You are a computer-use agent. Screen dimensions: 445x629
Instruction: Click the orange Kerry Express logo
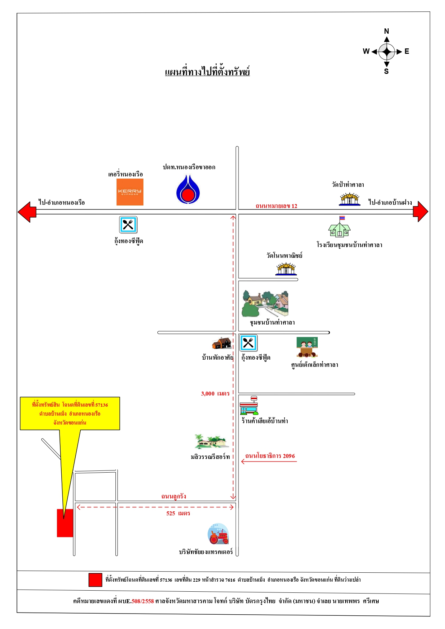(x=130, y=192)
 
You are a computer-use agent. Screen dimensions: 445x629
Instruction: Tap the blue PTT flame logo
(x=188, y=189)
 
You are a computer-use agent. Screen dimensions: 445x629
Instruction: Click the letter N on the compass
(x=387, y=31)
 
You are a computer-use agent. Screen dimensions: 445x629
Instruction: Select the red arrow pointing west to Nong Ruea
(x=27, y=212)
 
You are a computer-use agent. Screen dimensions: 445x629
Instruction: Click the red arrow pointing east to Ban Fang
(x=420, y=212)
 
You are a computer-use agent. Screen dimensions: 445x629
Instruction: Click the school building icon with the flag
(x=339, y=227)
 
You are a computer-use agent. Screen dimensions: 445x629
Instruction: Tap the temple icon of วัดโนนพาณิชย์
(x=286, y=269)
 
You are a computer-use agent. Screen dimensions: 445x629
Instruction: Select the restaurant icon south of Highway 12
(x=128, y=225)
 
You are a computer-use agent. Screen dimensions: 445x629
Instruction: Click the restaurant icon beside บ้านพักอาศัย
(x=248, y=343)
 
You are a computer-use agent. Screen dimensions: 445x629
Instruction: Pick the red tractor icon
(x=218, y=534)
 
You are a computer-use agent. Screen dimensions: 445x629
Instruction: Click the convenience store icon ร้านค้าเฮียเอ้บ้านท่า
(x=249, y=406)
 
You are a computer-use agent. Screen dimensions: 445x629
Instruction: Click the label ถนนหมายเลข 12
(x=276, y=206)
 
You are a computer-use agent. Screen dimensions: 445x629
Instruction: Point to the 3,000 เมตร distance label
(x=215, y=393)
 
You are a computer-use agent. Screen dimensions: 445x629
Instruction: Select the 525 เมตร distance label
(x=178, y=513)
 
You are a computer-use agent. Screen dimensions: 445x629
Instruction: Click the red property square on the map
(x=65, y=523)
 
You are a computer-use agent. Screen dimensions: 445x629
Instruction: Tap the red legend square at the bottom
(x=95, y=580)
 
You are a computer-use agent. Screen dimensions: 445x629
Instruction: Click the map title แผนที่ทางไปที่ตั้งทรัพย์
(x=207, y=71)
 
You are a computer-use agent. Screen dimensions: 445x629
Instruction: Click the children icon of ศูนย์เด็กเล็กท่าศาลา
(x=307, y=347)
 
